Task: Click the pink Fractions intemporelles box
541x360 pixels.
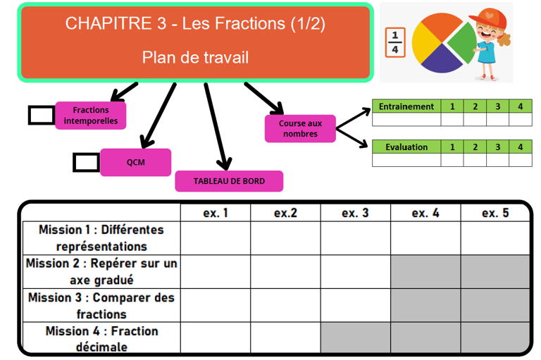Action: pos(91,116)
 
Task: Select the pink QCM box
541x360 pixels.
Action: pos(135,162)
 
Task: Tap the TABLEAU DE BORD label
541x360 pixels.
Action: pos(229,181)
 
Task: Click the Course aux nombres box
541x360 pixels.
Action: pos(300,128)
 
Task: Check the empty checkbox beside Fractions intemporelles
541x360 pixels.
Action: pos(42,116)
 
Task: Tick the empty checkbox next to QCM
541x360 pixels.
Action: pos(86,162)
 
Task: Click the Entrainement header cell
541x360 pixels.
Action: pos(406,106)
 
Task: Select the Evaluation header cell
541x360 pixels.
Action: pos(406,147)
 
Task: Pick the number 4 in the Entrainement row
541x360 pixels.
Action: pos(520,106)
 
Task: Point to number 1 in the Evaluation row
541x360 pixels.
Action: pos(452,147)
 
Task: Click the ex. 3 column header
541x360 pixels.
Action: pos(355,213)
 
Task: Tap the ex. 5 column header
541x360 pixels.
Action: pos(495,213)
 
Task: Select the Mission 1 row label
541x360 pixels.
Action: pos(101,238)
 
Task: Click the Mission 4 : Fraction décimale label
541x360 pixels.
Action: pos(101,338)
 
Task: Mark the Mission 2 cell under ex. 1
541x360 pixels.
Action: pos(216,271)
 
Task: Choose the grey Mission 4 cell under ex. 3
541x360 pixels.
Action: pos(355,338)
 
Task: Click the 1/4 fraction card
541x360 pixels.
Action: pos(394,42)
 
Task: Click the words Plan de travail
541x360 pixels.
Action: pos(195,57)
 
